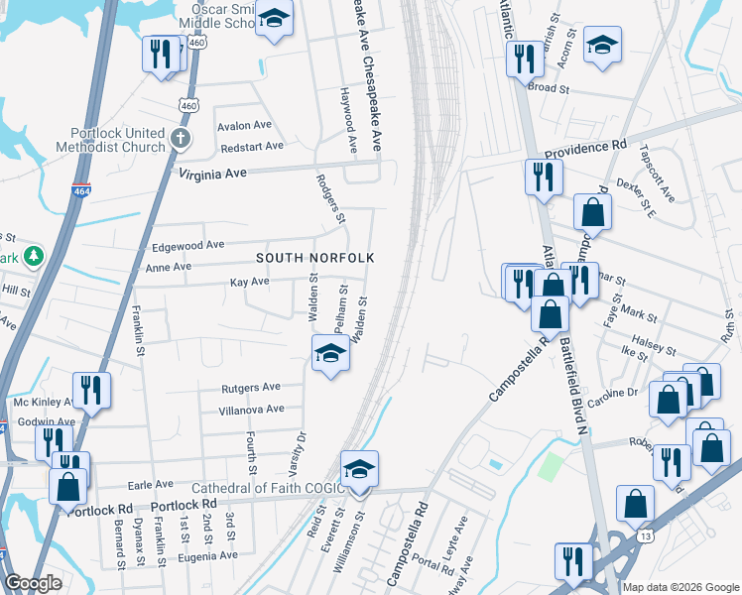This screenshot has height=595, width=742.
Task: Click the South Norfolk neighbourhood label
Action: coord(314,258)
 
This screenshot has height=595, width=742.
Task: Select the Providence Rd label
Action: coord(585,145)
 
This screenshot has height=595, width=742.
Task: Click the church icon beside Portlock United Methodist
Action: coord(180,139)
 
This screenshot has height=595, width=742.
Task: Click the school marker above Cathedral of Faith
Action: coord(360,470)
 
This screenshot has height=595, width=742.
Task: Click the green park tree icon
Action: coord(33,256)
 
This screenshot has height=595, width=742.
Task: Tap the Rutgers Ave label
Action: coord(250,387)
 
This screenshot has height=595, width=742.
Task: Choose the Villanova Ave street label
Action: coord(251,409)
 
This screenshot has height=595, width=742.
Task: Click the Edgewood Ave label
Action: coord(187,245)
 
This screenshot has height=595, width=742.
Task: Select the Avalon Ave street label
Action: coord(244,126)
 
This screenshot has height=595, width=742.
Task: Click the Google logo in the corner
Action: coord(33,583)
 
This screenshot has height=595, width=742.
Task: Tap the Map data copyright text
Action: coord(680,587)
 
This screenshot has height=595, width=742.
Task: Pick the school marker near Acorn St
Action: coord(601,46)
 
